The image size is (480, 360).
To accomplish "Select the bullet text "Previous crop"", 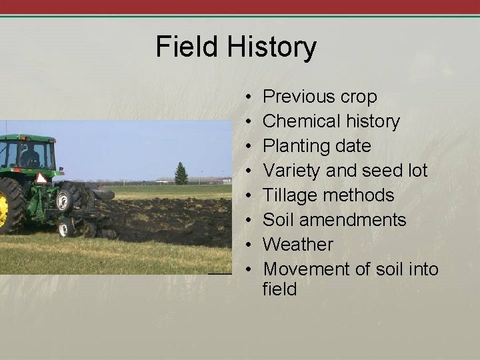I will (320, 97).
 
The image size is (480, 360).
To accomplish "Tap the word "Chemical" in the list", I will (297, 122).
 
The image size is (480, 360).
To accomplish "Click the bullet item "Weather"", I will (297, 245).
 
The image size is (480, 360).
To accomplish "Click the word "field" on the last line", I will (279, 290).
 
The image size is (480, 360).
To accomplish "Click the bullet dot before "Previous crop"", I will (247, 98).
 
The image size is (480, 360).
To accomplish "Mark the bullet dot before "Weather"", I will (247, 245).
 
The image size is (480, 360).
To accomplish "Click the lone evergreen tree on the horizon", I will (181, 174).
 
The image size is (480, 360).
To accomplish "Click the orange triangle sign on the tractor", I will (41, 178).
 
